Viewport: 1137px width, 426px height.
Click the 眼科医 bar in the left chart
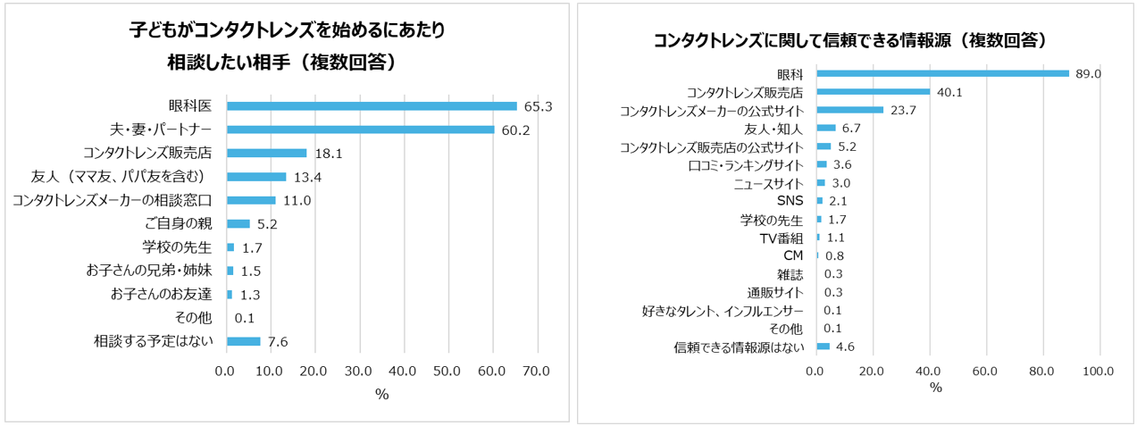[371, 106]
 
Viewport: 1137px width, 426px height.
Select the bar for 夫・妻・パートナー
[360, 129]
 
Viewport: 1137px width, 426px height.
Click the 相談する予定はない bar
[243, 341]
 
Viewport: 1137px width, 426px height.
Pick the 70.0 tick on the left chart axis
[536, 370]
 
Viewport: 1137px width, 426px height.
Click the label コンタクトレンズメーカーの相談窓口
[112, 201]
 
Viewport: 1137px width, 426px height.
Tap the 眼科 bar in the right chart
[942, 73]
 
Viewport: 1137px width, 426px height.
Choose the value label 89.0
[1089, 74]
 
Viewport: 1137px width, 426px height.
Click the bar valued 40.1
[873, 92]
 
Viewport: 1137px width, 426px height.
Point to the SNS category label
[790, 201]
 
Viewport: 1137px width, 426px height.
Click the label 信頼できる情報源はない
[740, 347]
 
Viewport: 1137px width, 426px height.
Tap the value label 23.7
[904, 111]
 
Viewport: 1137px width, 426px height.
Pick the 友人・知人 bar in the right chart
[825, 129]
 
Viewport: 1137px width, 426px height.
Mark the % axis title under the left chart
[381, 394]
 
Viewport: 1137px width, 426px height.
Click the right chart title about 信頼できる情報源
[849, 41]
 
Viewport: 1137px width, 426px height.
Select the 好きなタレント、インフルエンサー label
[723, 311]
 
